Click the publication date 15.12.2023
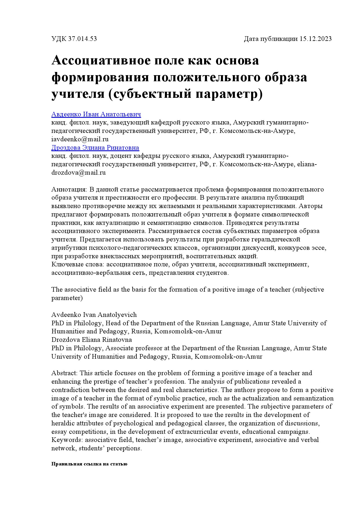pos(315,39)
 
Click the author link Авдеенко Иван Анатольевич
pos(96,114)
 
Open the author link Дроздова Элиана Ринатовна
pos(95,148)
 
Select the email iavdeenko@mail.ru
pos(80,139)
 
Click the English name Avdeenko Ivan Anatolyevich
pos(94,315)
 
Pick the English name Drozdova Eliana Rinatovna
pos(91,340)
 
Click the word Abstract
pos(64,373)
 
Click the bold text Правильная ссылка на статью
pos(89,464)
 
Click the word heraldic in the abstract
pos(63,423)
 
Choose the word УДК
pos(59,39)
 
